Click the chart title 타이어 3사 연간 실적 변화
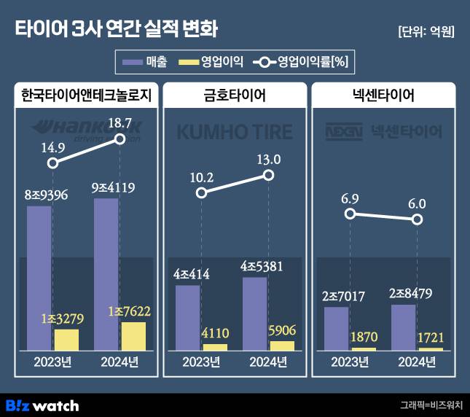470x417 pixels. point(116,30)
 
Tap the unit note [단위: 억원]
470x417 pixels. point(426,32)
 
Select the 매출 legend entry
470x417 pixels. point(145,62)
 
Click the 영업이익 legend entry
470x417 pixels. point(211,62)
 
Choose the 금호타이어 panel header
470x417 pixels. point(234,96)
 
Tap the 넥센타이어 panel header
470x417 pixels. point(383,96)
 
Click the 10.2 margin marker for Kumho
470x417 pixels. point(202,193)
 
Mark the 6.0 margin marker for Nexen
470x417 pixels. point(417,219)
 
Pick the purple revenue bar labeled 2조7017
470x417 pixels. point(336,328)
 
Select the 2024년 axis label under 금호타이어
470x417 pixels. point(268,362)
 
